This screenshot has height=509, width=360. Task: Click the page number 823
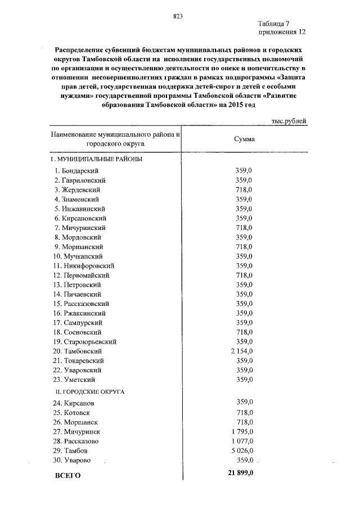(178, 16)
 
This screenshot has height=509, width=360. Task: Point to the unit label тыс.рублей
(289, 121)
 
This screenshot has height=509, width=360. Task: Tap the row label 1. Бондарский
(77, 170)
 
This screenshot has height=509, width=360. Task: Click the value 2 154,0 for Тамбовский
(243, 351)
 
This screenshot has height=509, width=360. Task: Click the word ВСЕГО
(67, 475)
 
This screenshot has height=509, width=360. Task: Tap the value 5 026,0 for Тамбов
(243, 451)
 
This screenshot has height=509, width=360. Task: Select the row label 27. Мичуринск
(77, 431)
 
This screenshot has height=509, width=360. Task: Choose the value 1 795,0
(243, 431)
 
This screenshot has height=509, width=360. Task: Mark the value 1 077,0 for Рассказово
(243, 441)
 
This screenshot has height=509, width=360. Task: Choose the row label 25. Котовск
(74, 412)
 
